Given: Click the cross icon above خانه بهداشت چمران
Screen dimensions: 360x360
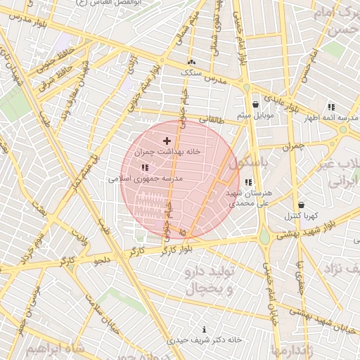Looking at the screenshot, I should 167,141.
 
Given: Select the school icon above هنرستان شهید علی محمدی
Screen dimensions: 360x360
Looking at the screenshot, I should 248,182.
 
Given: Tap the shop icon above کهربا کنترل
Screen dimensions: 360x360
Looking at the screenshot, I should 301,205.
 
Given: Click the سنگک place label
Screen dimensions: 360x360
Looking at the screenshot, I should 191,72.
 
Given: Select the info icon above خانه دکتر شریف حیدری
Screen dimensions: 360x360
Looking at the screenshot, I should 205,329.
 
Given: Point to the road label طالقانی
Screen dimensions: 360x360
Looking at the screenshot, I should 213,120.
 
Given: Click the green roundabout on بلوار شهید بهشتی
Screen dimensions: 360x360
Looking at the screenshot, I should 264,238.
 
